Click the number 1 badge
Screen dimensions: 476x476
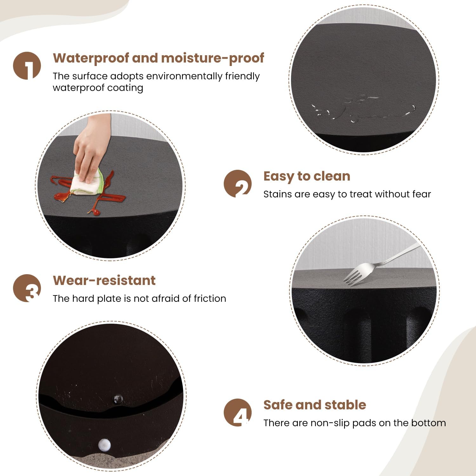[x=27, y=66]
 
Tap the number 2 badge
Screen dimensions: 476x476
[x=238, y=184]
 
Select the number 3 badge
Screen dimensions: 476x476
[x=27, y=288]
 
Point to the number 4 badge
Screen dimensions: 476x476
[x=238, y=413]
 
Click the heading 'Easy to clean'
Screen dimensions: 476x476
[x=307, y=177]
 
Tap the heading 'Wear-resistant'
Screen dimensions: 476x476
[x=104, y=281]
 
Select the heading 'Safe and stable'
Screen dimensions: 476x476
[x=315, y=405]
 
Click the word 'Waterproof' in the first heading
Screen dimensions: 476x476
[x=91, y=58]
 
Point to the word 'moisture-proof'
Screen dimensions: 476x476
[x=213, y=58]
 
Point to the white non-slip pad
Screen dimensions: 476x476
[x=104, y=445]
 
